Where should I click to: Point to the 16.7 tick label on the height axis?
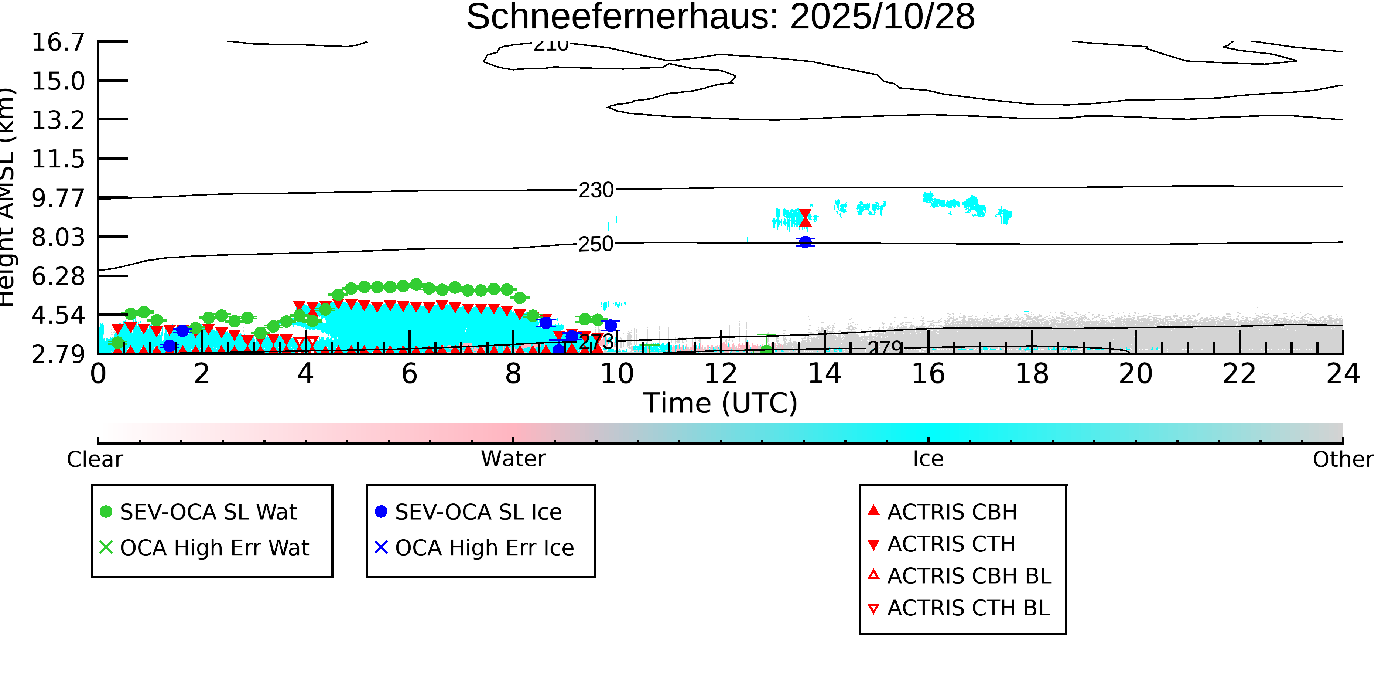pos(58,43)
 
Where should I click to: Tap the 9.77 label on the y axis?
pos(58,198)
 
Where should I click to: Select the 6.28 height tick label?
pos(58,276)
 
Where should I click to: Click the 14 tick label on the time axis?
pos(824,374)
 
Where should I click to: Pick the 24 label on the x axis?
pos(1343,374)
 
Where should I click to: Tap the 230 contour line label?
pos(596,190)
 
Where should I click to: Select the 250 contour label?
pos(596,244)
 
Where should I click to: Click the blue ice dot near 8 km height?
pos(805,242)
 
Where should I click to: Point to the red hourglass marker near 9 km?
pos(805,218)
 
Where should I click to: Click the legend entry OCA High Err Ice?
pos(484,548)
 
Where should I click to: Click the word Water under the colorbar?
pos(513,459)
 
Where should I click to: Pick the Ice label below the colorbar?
pos(928,459)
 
